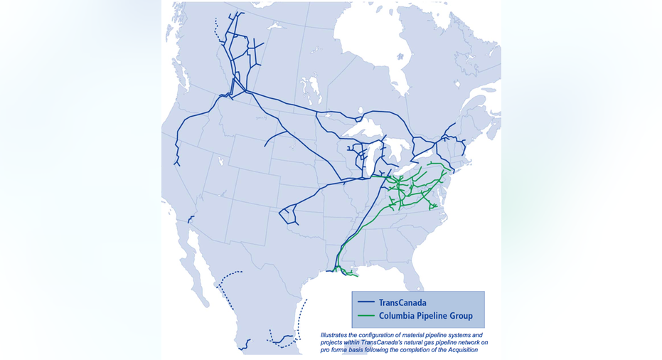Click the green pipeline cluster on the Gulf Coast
pos(345,271)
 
